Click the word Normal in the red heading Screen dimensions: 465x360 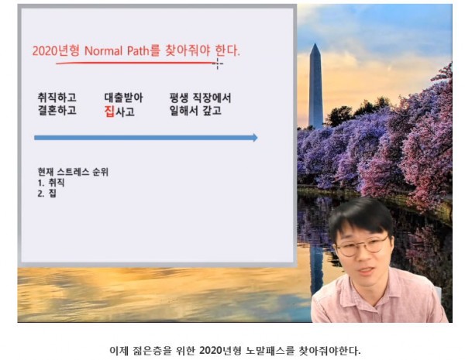pos(103,51)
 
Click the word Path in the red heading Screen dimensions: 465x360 pos(138,51)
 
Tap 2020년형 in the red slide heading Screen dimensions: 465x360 pos(56,51)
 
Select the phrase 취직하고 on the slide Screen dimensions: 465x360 pos(57,98)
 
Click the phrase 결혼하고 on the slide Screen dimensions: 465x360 pos(57,110)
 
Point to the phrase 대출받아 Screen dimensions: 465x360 pos(123,98)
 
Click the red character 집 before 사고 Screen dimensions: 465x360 pos(109,111)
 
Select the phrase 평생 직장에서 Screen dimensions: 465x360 pos(200,98)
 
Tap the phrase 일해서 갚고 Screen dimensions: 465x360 pos(195,111)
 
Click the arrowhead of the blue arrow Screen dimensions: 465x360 pos(255,138)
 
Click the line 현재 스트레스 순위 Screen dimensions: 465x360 pos(73,172)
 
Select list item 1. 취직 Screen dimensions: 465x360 pos(51,183)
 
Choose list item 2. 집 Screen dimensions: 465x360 pos(46,194)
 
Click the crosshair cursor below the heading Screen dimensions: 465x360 pos(217,63)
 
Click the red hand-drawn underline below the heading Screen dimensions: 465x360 pos(135,63)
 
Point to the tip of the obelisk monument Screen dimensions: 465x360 pos(315,44)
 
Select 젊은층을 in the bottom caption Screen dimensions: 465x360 pos(153,351)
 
